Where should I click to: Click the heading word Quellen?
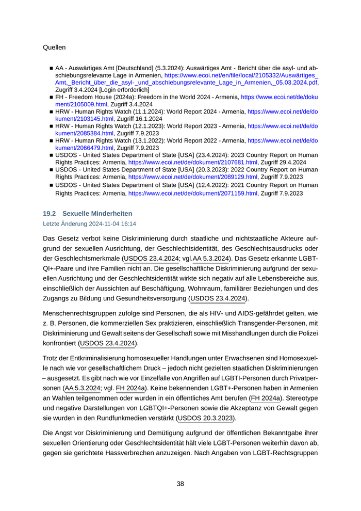tap(55, 47)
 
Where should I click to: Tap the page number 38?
tap(180, 484)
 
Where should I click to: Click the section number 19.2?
tap(50, 213)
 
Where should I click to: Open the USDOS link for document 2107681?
tap(193, 162)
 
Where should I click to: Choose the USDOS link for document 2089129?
tap(193, 177)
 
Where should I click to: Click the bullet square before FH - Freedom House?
tap(51, 97)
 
